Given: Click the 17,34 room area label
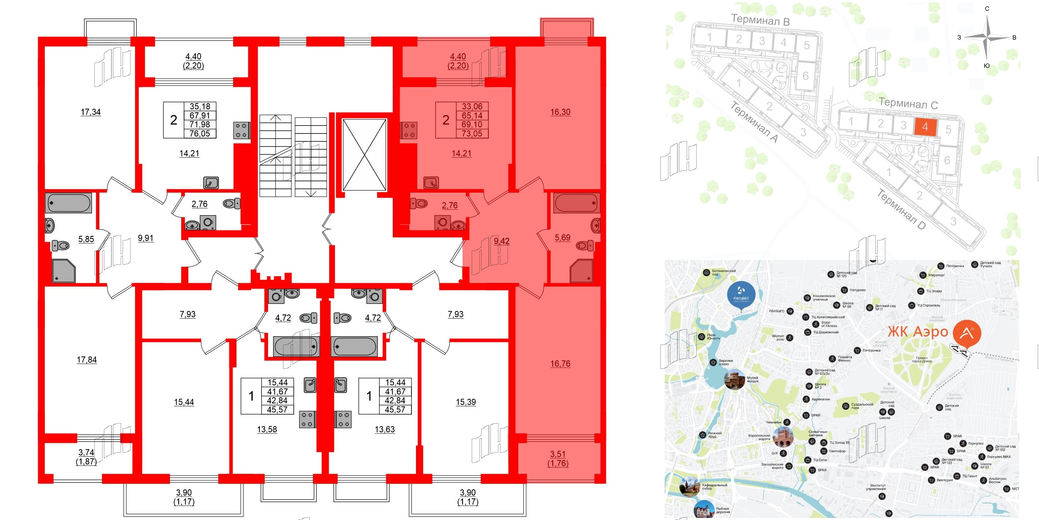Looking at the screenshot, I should [91, 112].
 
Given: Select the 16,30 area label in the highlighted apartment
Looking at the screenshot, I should [560, 112].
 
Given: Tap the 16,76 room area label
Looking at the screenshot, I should [560, 364].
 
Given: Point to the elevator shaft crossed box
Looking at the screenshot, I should [364, 155].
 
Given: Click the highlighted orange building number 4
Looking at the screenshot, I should [925, 127].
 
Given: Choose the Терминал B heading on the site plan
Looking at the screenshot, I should [760, 20].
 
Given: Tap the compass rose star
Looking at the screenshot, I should [987, 37].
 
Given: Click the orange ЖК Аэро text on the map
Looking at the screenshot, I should [918, 332].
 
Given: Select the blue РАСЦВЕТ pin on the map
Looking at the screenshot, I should [741, 295].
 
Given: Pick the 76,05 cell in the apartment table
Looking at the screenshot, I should [199, 134].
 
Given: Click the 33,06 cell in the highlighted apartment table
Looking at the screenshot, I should [472, 106].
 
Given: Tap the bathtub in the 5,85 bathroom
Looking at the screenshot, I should [69, 203].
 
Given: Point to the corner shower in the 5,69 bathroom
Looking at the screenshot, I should [581, 271].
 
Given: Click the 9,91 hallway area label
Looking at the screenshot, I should [145, 238].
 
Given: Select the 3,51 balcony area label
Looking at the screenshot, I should [558, 454].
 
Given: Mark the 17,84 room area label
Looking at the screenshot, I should [86, 360].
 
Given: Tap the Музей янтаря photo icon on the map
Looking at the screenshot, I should [734, 379].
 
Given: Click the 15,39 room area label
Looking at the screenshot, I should [465, 402].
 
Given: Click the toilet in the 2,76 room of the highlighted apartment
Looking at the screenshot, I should [420, 204].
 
